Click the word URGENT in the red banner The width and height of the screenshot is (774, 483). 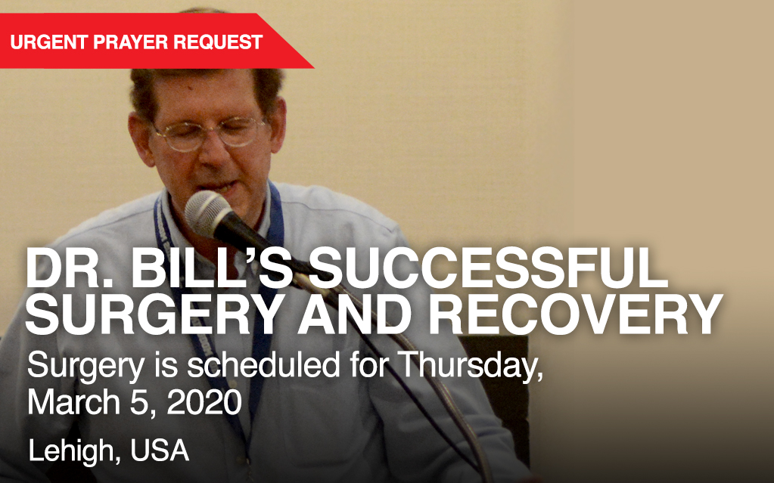coord(48,42)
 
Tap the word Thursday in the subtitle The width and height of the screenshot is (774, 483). coord(470,366)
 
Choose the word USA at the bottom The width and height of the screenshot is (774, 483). coord(160,450)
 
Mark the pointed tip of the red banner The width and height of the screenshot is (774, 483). coord(313,67)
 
